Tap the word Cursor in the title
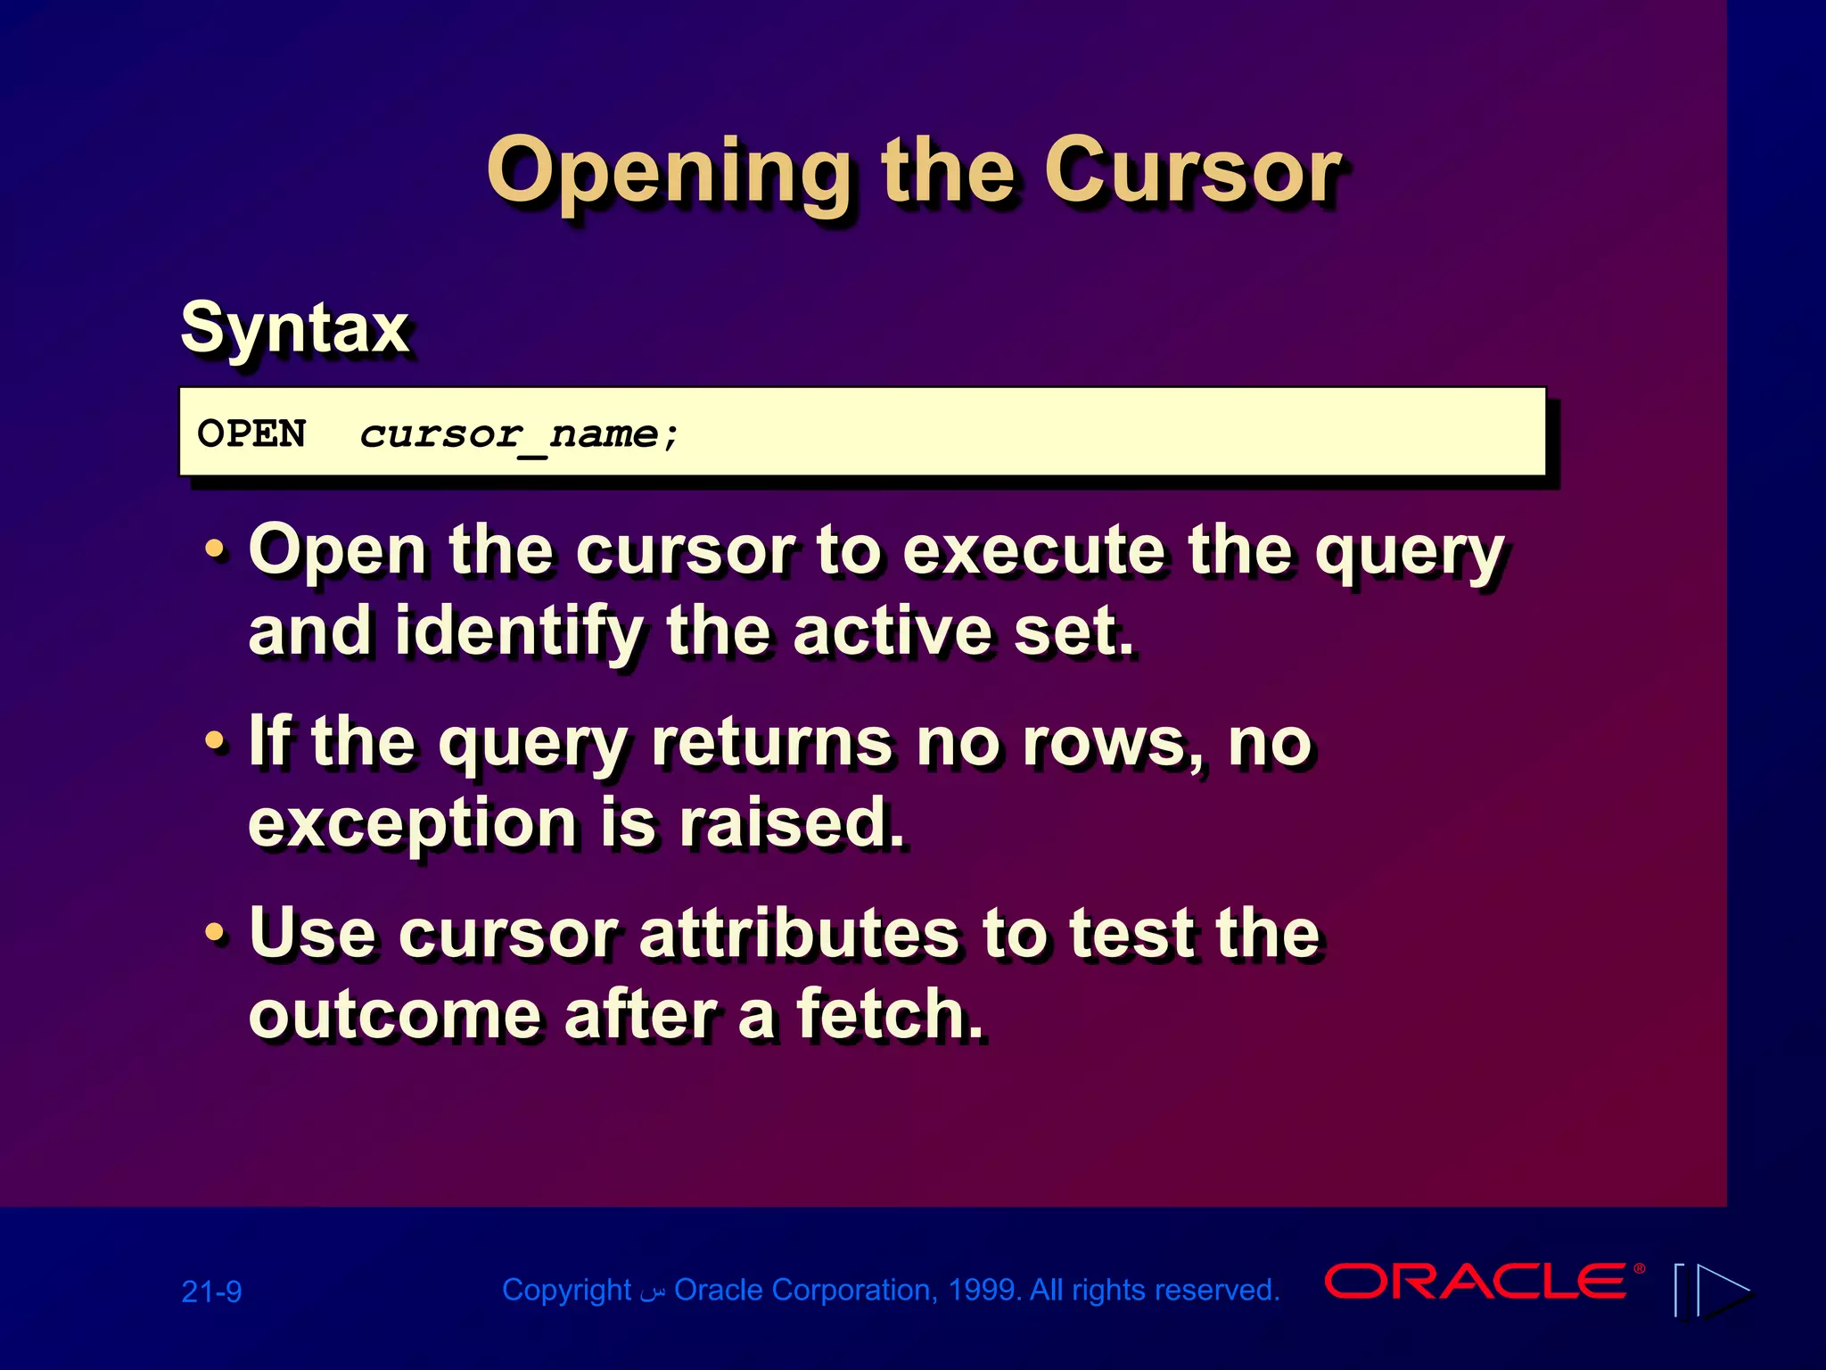1192,171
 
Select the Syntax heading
295,328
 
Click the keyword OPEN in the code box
251,434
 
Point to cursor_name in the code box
520,434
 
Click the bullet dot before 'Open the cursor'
215,549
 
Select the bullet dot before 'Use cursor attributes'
215,933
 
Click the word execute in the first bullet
1034,551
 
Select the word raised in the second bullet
791,822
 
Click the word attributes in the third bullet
799,934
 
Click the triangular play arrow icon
1722,1290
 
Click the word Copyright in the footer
566,1291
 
